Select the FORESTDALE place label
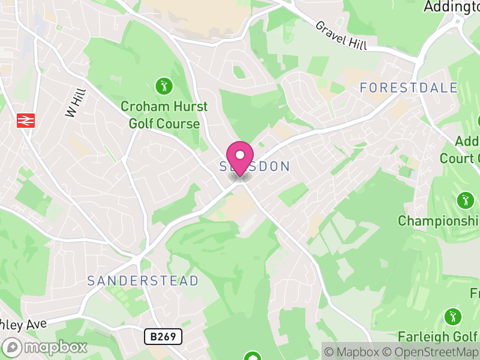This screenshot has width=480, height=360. (x=409, y=88)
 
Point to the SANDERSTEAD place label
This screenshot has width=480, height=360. (x=143, y=281)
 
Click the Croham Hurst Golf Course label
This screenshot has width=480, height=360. (x=164, y=115)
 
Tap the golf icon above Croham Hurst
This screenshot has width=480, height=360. (x=164, y=85)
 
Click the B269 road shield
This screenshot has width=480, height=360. (x=163, y=336)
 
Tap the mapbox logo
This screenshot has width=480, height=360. (x=45, y=347)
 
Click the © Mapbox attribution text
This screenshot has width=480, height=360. (x=353, y=352)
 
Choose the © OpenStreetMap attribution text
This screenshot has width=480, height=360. (x=431, y=352)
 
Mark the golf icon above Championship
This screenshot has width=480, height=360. (x=465, y=199)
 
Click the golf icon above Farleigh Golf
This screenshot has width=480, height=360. (x=453, y=316)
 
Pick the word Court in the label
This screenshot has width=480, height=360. (x=457, y=158)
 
